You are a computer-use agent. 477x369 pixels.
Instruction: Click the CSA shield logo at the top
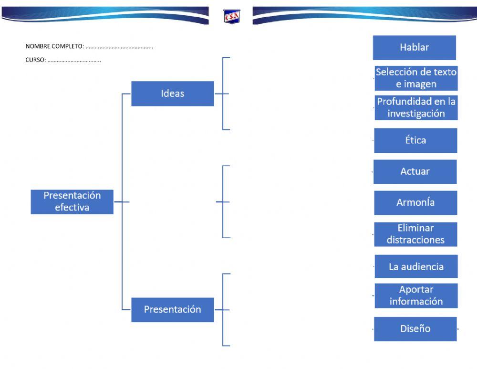(232, 17)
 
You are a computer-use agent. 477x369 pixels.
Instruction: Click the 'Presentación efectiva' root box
(72, 201)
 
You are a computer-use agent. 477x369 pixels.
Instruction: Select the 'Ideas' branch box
(172, 94)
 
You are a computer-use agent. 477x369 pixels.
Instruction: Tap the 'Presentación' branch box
(172, 309)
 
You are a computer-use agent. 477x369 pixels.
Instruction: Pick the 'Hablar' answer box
(414, 47)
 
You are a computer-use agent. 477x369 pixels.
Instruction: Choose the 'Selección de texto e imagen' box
(416, 78)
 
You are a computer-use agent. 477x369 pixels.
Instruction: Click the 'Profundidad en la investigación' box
(416, 107)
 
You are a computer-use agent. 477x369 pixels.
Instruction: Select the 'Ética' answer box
(415, 140)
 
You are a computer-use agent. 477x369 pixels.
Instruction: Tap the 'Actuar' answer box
(415, 171)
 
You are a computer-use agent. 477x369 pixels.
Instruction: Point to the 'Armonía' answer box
(415, 202)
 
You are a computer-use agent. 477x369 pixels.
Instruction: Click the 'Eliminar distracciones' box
(415, 234)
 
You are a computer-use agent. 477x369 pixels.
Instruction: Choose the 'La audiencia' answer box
(416, 266)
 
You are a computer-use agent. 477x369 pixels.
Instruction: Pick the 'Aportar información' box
(416, 295)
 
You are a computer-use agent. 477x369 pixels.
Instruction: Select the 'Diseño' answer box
(415, 329)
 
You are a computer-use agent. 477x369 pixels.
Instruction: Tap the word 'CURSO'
(35, 61)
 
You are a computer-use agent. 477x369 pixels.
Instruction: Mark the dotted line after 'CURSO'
(74, 61)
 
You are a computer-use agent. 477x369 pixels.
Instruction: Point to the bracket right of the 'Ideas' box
(224, 94)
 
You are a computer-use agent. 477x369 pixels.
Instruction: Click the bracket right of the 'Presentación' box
(224, 309)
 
